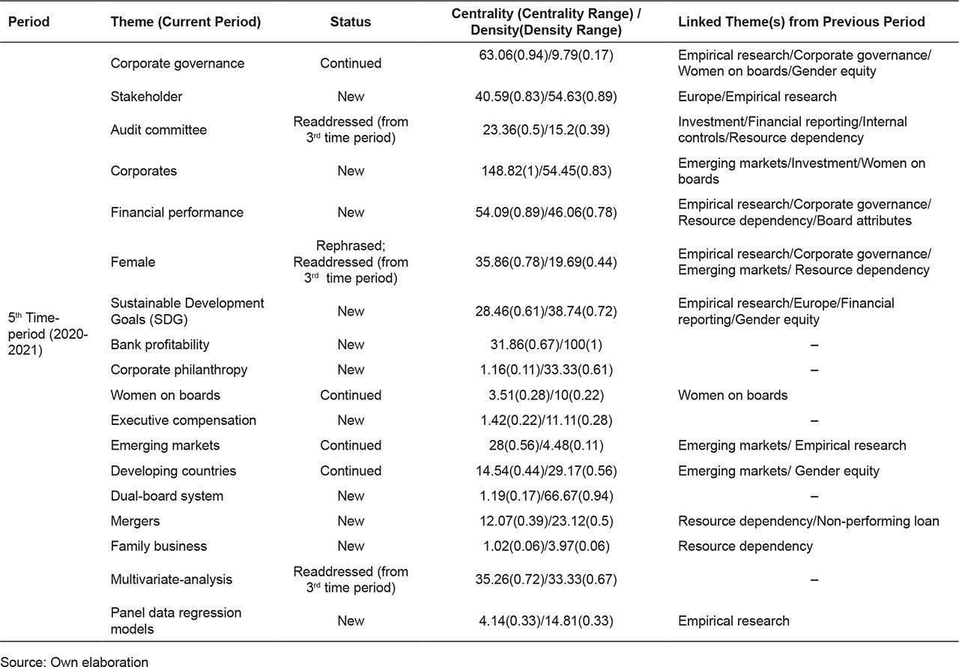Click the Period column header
pyautogui.click(x=28, y=22)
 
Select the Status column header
pyautogui.click(x=350, y=22)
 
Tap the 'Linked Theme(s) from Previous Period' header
pyautogui.click(x=801, y=22)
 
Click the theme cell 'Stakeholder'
pyautogui.click(x=146, y=97)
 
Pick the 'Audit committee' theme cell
pyautogui.click(x=158, y=130)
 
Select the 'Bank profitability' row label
pyautogui.click(x=160, y=345)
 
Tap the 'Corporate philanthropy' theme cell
pyautogui.click(x=178, y=369)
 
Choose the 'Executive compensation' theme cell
pyautogui.click(x=183, y=420)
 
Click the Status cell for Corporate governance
pyautogui.click(x=350, y=64)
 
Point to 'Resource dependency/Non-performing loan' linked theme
pyautogui.click(x=808, y=521)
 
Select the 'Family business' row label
pyautogui.click(x=158, y=546)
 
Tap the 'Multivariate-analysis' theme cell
pyautogui.click(x=171, y=579)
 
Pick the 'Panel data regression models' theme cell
pyautogui.click(x=175, y=621)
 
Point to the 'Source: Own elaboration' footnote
pyautogui.click(x=74, y=661)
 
